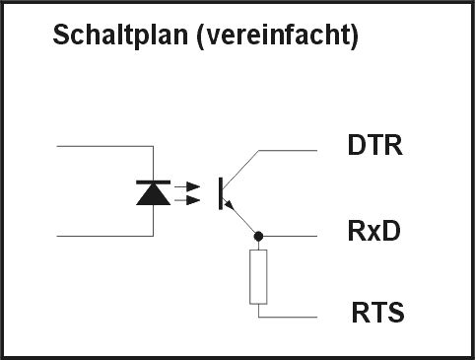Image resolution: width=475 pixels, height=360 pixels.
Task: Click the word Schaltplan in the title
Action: (x=120, y=36)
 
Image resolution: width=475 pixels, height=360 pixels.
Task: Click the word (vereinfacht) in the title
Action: (x=278, y=36)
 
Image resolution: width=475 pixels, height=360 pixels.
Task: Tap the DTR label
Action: (x=375, y=145)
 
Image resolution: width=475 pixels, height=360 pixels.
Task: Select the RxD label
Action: (x=374, y=231)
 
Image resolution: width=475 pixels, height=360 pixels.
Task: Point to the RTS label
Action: (x=377, y=313)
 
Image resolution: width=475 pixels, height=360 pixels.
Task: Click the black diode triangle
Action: (x=154, y=194)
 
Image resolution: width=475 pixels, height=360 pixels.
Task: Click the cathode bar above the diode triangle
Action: (x=154, y=182)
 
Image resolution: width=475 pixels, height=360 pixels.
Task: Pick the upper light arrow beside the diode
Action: (x=187, y=186)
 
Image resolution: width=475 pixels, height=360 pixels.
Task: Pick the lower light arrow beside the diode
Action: (x=187, y=200)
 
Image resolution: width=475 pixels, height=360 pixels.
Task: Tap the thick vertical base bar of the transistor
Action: (x=221, y=193)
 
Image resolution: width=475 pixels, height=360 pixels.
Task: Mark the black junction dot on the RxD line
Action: (x=258, y=236)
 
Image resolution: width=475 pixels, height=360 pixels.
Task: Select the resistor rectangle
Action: (x=258, y=277)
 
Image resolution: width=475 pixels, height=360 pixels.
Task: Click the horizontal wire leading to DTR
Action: (x=288, y=151)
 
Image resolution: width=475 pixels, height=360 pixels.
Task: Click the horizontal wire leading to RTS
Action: (x=288, y=318)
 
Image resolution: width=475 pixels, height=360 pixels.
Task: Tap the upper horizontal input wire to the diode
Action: (x=105, y=146)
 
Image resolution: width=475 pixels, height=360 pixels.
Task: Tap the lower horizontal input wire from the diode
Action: (x=105, y=236)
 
